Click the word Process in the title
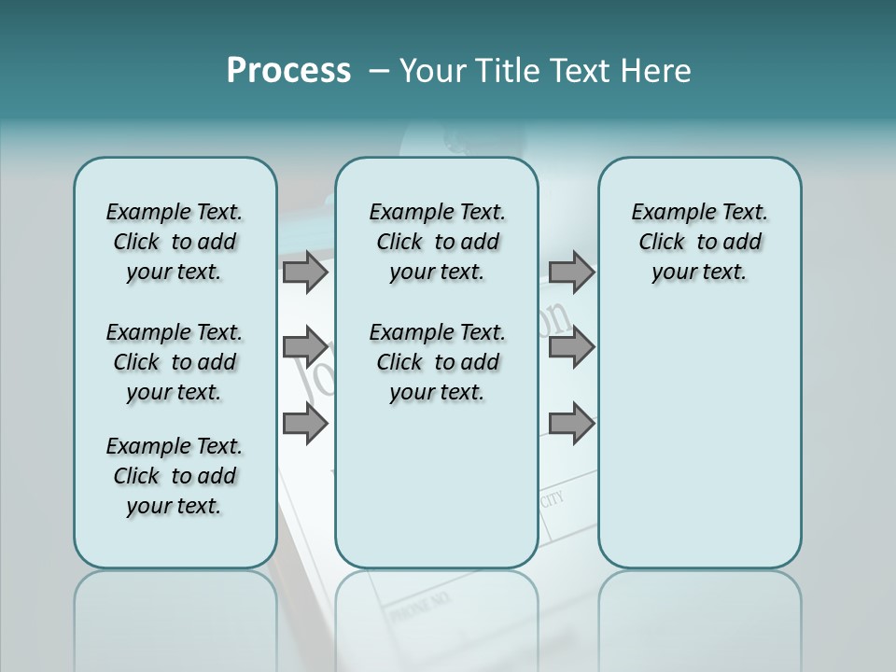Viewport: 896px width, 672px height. (x=288, y=71)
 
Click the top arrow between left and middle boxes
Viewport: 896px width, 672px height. (x=305, y=272)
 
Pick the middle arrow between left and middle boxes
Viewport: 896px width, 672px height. (x=305, y=347)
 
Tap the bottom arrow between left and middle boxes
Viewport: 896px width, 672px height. (x=305, y=424)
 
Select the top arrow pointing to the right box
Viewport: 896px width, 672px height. (x=571, y=272)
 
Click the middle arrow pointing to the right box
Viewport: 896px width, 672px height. (x=571, y=347)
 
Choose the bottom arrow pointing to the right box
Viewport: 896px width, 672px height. (x=571, y=424)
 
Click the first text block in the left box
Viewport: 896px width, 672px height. (x=175, y=242)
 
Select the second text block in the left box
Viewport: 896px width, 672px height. (x=175, y=362)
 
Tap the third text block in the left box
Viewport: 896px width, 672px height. (x=175, y=476)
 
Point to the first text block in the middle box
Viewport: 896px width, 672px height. (x=437, y=242)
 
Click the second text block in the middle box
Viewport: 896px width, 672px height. (x=437, y=362)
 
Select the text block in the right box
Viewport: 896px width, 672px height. (x=699, y=242)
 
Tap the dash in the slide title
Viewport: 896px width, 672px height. (x=379, y=71)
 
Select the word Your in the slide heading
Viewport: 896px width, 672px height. (x=431, y=71)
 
